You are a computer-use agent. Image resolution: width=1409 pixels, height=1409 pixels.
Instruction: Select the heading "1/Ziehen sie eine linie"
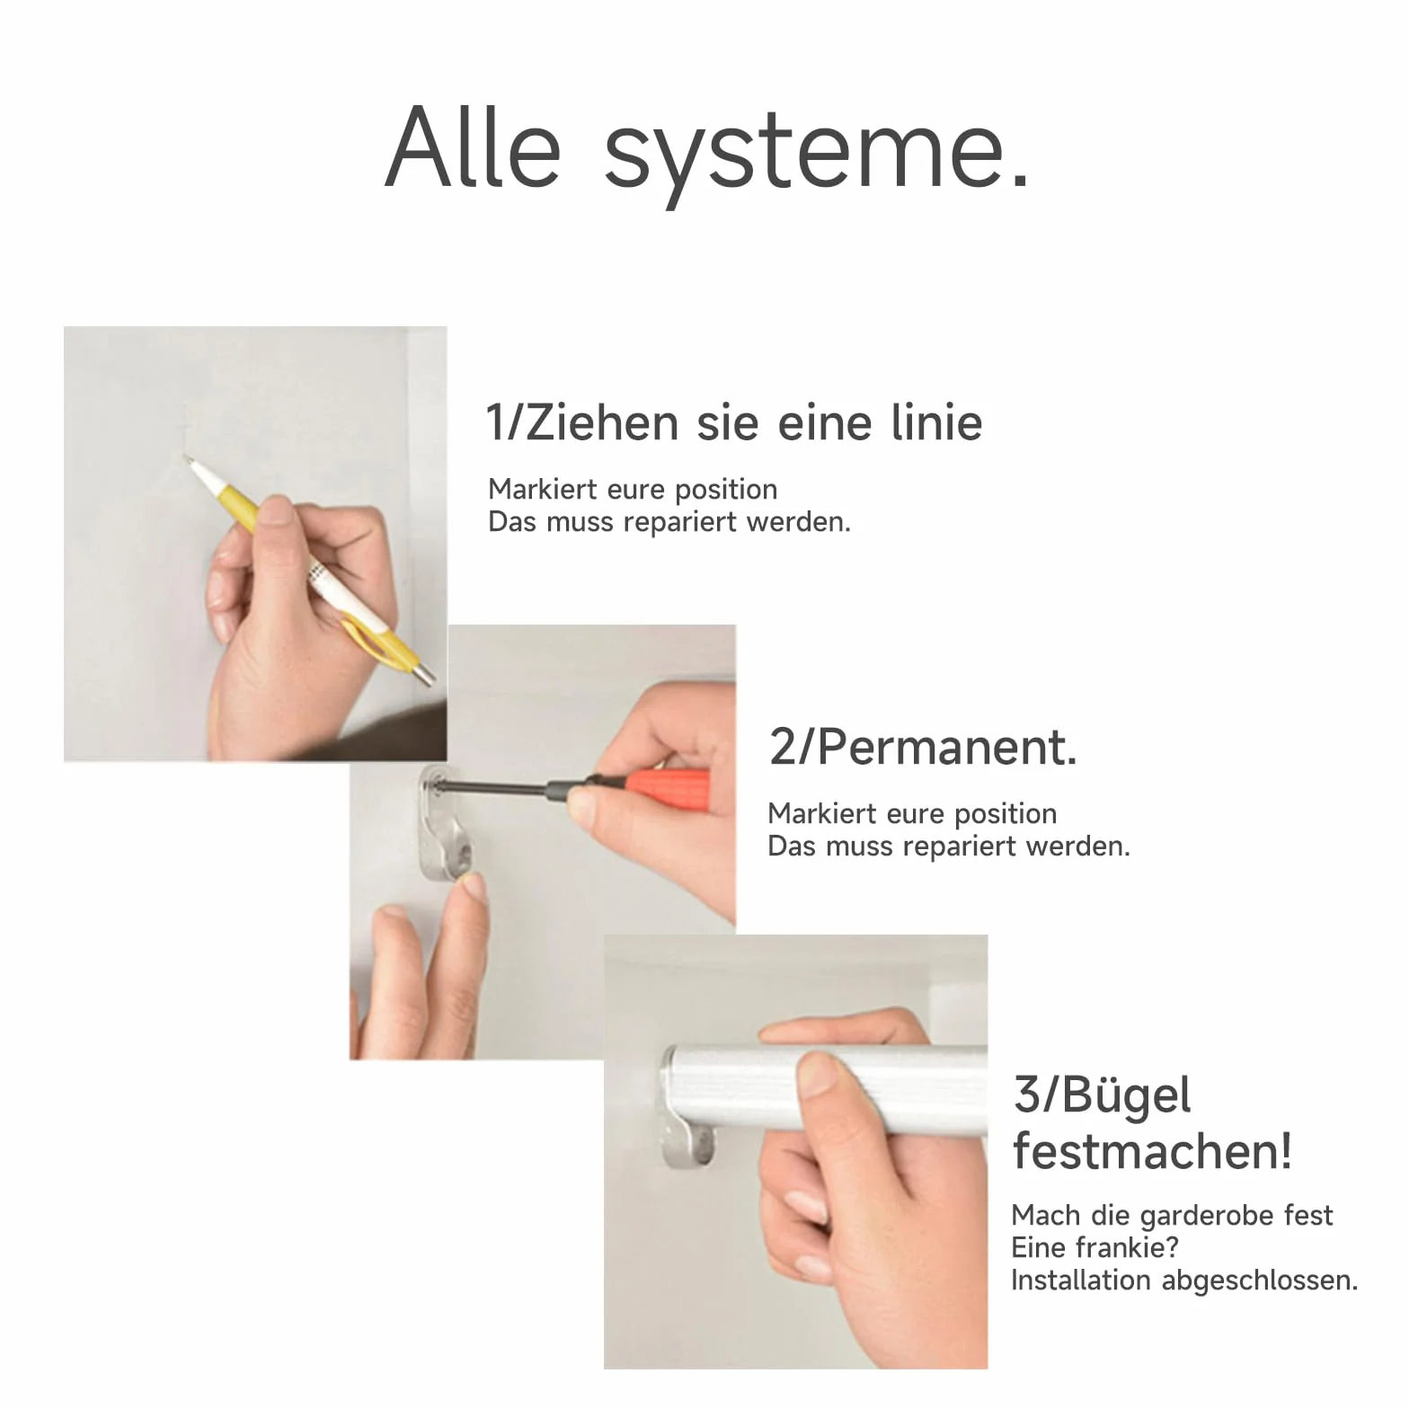(733, 422)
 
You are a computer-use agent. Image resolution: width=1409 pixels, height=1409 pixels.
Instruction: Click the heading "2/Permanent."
(923, 747)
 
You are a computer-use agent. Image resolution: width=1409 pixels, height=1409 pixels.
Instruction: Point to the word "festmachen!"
(1152, 1151)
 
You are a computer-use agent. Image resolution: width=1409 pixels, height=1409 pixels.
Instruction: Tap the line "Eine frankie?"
(1094, 1247)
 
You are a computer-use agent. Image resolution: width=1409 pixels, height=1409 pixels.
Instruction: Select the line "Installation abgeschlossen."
(1184, 1281)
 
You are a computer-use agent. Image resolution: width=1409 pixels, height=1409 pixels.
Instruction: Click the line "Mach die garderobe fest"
(1172, 1216)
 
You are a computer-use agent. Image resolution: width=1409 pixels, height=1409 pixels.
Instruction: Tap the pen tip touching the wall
(187, 459)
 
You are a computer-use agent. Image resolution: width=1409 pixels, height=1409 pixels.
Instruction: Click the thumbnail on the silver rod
(820, 1074)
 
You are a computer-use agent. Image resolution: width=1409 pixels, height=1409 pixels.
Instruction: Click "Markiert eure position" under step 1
(633, 490)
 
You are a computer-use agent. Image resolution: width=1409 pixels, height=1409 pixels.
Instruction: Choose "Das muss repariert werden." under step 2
(949, 846)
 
